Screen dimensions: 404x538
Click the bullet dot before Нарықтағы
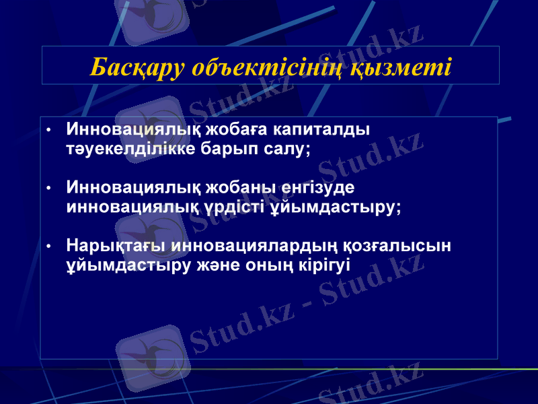coord(48,246)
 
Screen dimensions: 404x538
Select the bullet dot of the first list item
coord(48,129)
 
